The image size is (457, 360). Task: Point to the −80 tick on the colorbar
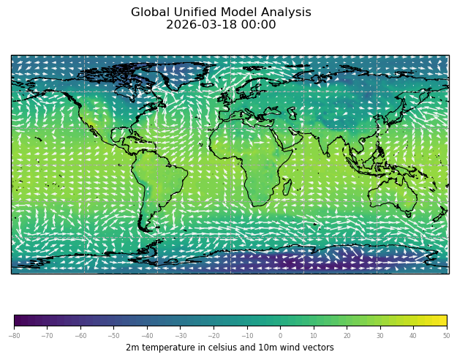(14, 336)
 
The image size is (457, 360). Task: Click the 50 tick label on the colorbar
(446, 336)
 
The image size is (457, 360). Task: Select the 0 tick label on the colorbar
(280, 336)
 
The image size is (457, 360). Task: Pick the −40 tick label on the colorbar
(147, 336)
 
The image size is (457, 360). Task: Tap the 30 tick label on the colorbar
(379, 336)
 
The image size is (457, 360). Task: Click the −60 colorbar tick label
(80, 336)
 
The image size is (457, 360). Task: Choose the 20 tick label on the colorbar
(347, 336)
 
